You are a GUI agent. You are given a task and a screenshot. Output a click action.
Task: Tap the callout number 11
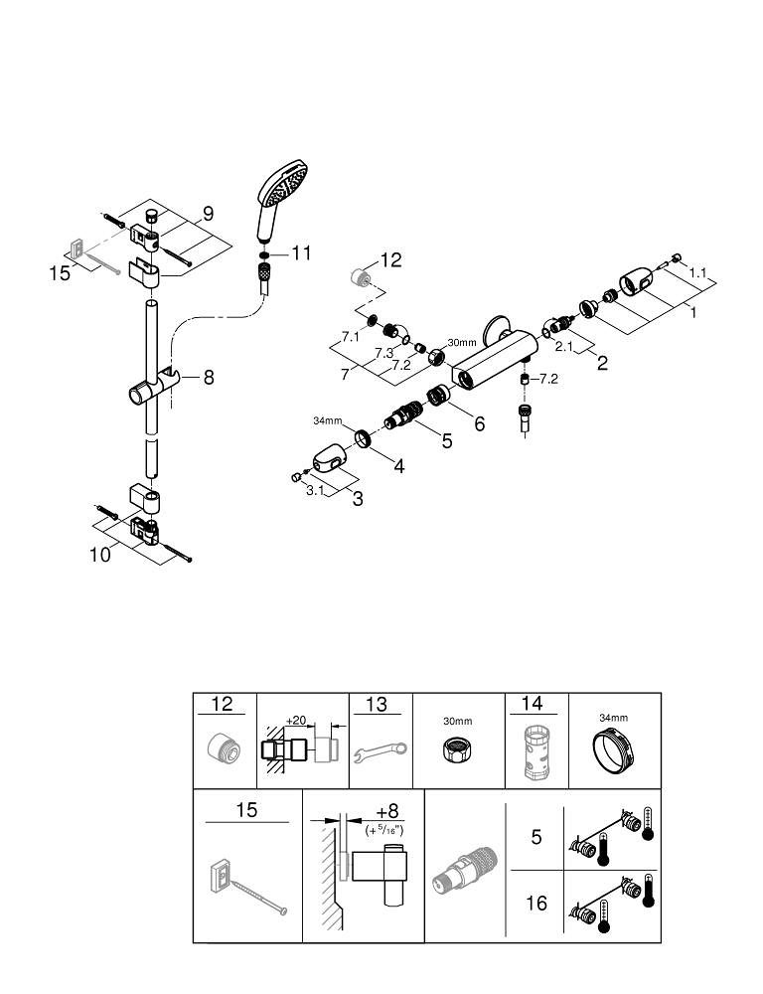click(301, 254)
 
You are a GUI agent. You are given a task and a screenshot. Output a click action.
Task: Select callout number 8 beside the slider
click(209, 377)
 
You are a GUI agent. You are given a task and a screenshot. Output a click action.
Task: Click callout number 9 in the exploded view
click(208, 214)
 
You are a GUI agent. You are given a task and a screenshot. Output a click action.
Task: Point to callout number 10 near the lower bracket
click(99, 555)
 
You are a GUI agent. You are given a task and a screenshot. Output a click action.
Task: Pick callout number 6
click(479, 422)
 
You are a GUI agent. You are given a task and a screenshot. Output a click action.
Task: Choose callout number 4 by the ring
click(397, 464)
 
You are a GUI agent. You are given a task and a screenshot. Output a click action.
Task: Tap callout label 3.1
click(316, 489)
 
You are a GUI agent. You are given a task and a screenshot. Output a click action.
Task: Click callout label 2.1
click(562, 346)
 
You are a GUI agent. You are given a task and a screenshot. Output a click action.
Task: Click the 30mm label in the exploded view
click(462, 343)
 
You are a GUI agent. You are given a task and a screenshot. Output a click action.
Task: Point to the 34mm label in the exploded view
click(327, 421)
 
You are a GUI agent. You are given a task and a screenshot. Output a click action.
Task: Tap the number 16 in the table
click(536, 904)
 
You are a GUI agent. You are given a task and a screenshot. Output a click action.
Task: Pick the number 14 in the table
click(532, 704)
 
